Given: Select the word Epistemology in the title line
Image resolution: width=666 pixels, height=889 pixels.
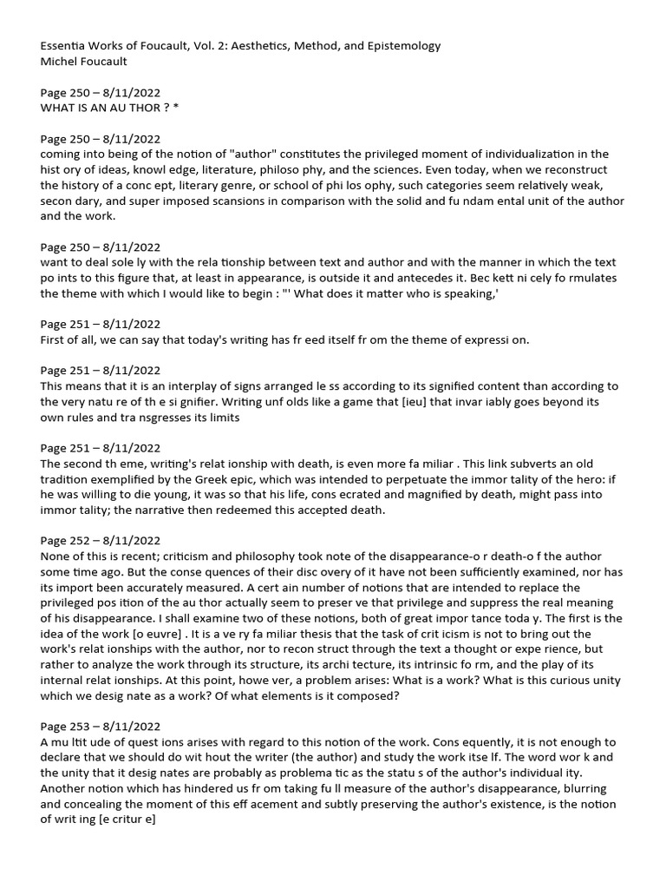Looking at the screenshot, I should [x=397, y=45].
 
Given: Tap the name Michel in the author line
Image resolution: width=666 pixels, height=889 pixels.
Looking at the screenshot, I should [x=62, y=61].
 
